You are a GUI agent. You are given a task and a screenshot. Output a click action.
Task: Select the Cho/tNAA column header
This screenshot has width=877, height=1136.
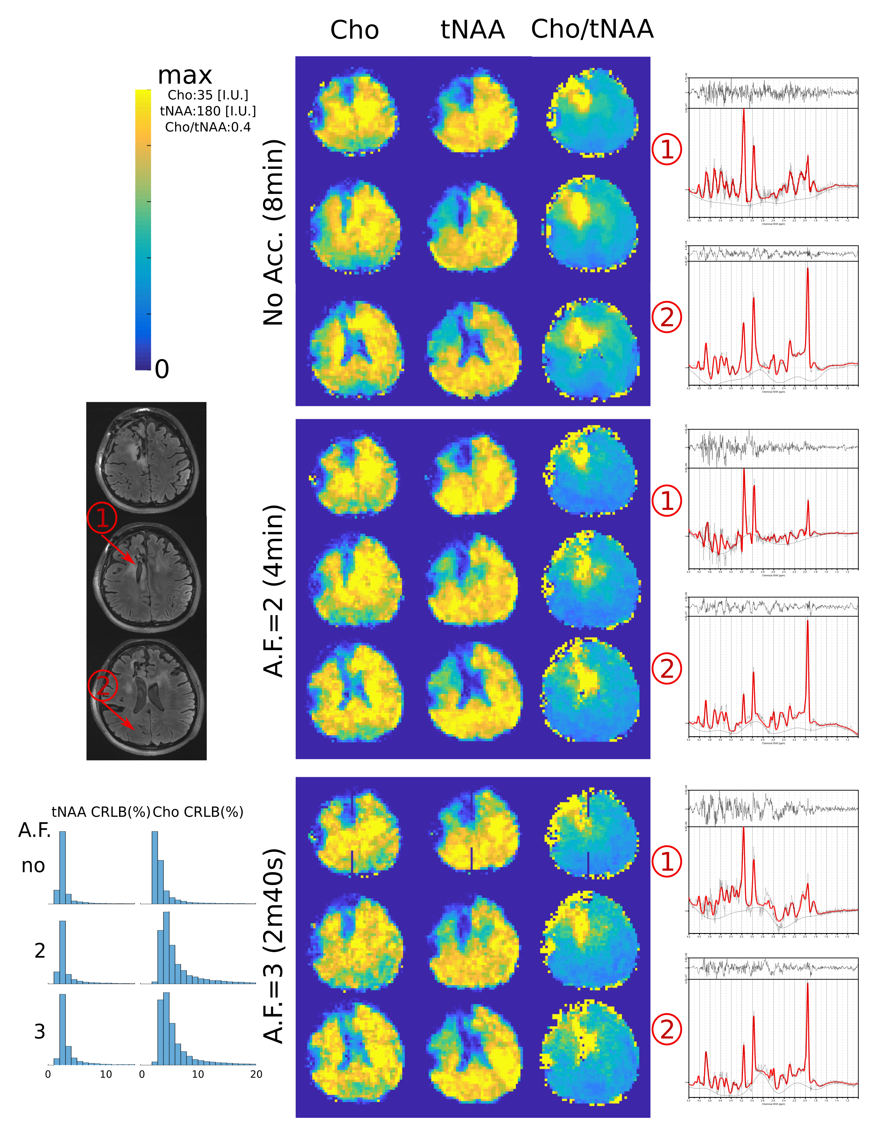(x=592, y=29)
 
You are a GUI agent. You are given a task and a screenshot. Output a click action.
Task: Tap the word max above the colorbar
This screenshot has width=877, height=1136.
(x=185, y=75)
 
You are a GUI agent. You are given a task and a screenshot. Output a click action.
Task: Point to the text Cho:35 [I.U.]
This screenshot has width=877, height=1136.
(x=208, y=95)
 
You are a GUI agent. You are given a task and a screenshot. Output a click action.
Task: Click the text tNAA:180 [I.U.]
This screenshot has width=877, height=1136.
(x=208, y=111)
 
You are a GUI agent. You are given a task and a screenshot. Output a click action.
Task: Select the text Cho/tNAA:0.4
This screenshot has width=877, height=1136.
(x=208, y=127)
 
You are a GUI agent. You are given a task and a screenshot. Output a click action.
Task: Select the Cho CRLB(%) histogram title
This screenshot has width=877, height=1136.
(x=198, y=812)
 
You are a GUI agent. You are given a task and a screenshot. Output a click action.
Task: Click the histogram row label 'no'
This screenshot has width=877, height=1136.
(x=33, y=866)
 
